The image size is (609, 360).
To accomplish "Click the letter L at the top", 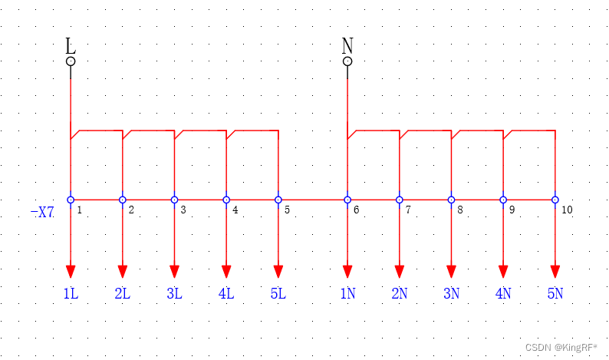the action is click(71, 45).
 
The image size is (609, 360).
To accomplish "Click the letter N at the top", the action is click(347, 45).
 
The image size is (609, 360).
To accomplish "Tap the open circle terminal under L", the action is click(71, 61).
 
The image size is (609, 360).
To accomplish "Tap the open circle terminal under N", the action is click(347, 61).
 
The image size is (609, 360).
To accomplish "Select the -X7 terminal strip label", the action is click(42, 212).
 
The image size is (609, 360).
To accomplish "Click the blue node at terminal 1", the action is click(71, 200).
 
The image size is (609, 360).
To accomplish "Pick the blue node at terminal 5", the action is click(278, 200).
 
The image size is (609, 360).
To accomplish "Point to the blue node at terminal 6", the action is click(347, 200).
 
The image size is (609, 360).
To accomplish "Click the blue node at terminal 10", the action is click(555, 200).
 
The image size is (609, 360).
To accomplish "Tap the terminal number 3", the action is click(183, 210).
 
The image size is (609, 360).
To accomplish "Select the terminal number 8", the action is click(460, 210).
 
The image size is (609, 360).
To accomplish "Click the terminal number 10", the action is click(567, 210).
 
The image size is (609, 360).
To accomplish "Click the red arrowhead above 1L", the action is click(71, 271).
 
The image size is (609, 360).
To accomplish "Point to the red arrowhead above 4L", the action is click(226, 271).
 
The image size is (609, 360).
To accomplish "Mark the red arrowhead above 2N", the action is click(400, 271).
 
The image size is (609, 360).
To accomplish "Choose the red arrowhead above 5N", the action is click(555, 271).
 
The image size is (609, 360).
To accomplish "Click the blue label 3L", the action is click(174, 293).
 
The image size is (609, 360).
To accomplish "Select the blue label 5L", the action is click(278, 293).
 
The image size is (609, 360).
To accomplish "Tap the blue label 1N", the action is click(347, 293).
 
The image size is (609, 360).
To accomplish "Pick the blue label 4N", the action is click(503, 293).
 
